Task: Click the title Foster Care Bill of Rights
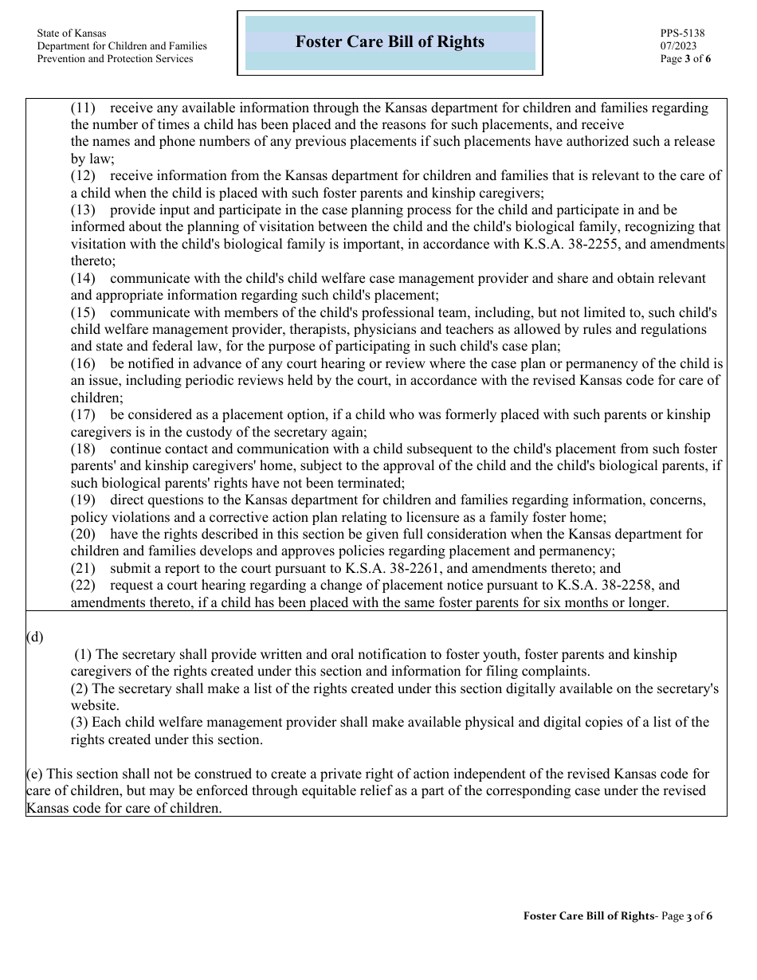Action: tap(390, 42)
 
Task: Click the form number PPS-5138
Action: tap(682, 33)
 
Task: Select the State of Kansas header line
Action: tap(71, 33)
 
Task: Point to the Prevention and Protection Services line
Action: tap(115, 59)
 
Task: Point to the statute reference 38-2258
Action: tap(602, 586)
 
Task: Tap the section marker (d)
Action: tap(35, 637)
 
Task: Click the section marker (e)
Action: tap(34, 774)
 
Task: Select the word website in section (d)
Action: tap(94, 706)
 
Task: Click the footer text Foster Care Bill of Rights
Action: tap(588, 916)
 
